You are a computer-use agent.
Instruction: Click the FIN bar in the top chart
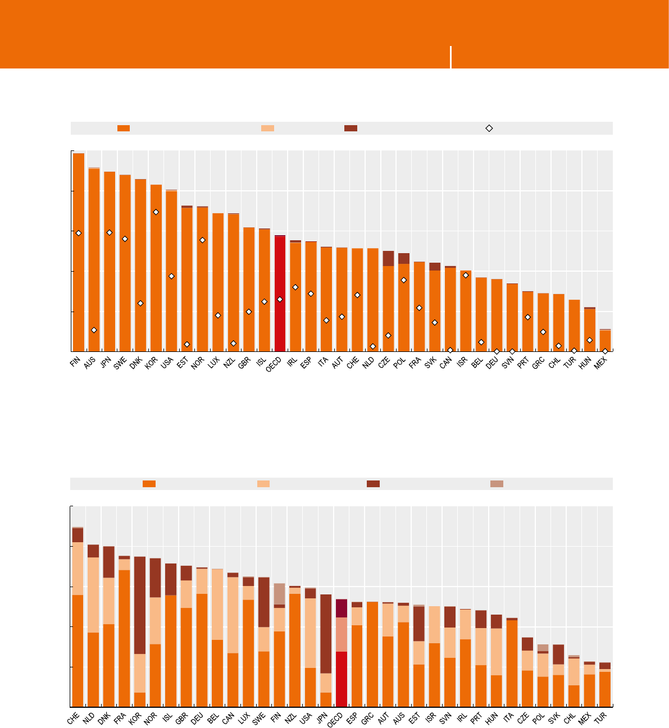click(79, 253)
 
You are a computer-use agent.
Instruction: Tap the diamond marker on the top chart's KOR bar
click(156, 212)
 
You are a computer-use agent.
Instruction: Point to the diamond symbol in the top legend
click(489, 129)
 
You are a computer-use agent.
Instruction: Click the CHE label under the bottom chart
click(74, 719)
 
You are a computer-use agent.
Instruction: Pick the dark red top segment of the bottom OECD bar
click(342, 608)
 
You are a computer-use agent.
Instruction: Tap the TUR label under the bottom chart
click(601, 719)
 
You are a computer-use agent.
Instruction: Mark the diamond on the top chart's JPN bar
click(110, 232)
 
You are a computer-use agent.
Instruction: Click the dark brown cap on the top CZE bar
click(388, 258)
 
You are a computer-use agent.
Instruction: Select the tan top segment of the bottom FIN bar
click(279, 594)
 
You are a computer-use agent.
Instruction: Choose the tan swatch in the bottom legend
click(497, 484)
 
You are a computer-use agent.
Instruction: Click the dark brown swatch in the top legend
click(351, 129)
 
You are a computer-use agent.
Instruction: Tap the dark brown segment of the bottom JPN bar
click(326, 634)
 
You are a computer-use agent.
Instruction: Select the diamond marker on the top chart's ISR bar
click(466, 275)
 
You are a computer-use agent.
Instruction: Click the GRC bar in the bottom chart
click(372, 654)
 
